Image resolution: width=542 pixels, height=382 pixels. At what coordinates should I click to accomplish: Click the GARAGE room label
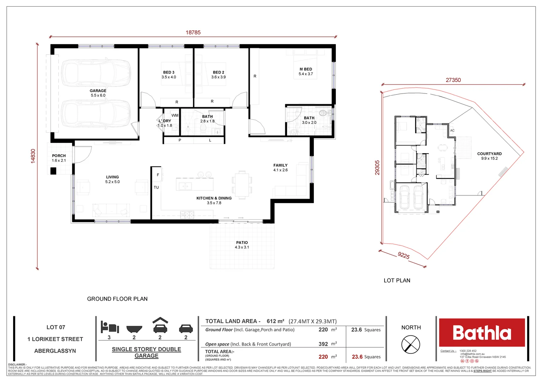(x=98, y=91)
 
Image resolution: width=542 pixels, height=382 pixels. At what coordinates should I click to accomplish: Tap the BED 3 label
(x=169, y=73)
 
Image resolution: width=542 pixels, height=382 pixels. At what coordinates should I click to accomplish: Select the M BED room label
(x=306, y=69)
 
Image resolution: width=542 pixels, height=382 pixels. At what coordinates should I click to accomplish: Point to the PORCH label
(x=59, y=156)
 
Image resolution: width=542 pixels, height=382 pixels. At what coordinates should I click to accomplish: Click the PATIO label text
(x=242, y=243)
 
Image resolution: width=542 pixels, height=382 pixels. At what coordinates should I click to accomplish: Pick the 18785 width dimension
(x=193, y=33)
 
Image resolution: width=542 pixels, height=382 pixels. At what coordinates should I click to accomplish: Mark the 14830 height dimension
(x=33, y=156)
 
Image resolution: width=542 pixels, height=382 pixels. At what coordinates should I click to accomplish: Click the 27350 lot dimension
(x=453, y=80)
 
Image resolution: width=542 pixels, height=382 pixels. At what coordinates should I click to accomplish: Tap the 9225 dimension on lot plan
(x=404, y=255)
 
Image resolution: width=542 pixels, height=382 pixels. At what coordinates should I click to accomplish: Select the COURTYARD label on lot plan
(x=489, y=154)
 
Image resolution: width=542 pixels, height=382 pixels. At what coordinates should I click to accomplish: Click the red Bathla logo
(x=482, y=332)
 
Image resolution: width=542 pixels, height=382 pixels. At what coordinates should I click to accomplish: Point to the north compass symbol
(x=411, y=344)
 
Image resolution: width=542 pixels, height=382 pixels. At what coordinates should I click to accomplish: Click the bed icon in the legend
(x=109, y=327)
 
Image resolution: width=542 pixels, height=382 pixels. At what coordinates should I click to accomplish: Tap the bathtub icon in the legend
(x=134, y=329)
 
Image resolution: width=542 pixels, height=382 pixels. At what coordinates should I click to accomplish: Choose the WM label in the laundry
(x=175, y=115)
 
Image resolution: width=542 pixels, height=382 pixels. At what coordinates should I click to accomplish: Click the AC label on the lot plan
(x=452, y=131)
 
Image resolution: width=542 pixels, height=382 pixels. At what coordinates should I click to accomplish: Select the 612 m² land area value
(x=275, y=321)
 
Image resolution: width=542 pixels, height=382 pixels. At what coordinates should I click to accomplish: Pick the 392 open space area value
(x=323, y=344)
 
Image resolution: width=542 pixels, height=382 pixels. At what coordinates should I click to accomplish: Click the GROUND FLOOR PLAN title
(x=117, y=299)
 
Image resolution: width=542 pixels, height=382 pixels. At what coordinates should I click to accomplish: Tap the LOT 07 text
(x=56, y=327)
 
